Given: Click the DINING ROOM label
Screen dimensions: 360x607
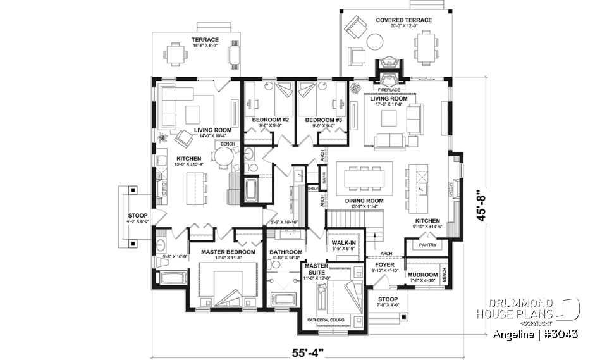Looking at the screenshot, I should coord(364,201).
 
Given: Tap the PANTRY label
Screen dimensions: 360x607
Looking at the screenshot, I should coord(427,245).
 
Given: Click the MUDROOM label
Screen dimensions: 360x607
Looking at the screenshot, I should coord(425,266).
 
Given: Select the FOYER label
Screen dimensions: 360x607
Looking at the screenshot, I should coord(384,266).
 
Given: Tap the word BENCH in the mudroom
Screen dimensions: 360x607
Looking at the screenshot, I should coord(444,275).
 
